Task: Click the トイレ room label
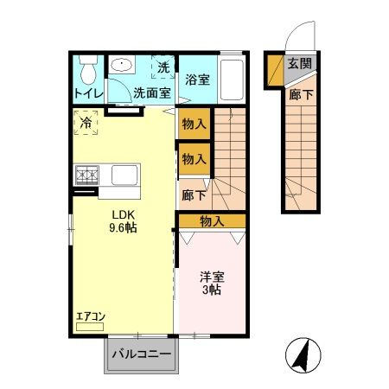[87, 93]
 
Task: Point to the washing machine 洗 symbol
[163, 66]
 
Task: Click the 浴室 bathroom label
[197, 80]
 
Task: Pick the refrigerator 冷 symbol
[86, 124]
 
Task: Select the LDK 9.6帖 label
[122, 222]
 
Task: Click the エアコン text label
[89, 316]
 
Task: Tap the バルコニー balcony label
[139, 354]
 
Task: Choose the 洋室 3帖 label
[213, 284]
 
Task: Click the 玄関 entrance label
[300, 63]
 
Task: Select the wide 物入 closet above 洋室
[212, 221]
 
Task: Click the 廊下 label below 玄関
[301, 94]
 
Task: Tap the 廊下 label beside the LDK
[193, 195]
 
